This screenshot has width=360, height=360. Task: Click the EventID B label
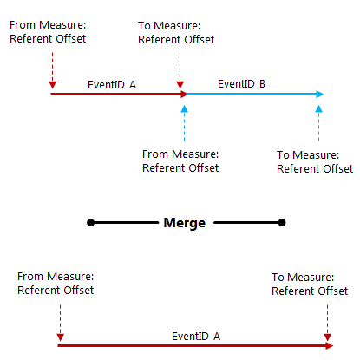coord(241,84)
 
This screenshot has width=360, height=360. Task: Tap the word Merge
coord(184,223)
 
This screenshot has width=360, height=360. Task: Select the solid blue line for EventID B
coord(252,94)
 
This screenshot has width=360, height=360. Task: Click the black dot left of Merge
coord(90,223)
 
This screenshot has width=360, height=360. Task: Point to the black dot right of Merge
coord(280,223)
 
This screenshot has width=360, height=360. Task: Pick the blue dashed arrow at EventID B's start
coord(185,124)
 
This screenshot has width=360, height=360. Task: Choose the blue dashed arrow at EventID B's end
coord(319,124)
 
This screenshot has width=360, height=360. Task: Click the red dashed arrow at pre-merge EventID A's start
coord(52,69)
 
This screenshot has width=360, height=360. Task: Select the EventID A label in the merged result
coord(195,335)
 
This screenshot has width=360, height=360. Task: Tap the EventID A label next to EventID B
coord(112,84)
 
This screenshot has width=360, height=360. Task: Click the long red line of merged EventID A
coord(195,345)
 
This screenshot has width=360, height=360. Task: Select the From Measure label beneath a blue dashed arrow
coord(180,160)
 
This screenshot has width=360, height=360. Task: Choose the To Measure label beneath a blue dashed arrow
coord(314,161)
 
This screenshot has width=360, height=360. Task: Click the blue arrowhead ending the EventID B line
coord(320,94)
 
